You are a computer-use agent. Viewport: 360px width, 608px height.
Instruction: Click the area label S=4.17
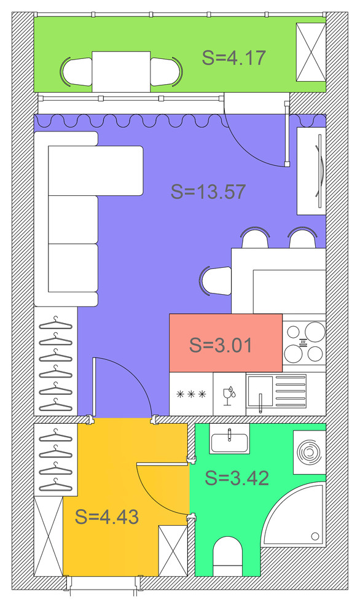point(233,57)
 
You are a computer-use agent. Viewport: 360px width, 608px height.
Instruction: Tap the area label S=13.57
point(208,192)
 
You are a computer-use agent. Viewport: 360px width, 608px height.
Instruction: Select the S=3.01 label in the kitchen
point(221,345)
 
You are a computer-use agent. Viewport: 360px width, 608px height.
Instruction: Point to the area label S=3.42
point(237,478)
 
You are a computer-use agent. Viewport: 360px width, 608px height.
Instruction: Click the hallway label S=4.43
point(107,517)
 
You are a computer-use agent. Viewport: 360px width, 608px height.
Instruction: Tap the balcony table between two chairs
point(121,72)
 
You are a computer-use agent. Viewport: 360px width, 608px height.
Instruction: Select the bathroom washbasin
point(230,439)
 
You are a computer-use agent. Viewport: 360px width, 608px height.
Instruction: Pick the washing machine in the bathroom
point(309,452)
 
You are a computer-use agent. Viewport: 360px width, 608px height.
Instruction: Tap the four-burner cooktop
point(304,343)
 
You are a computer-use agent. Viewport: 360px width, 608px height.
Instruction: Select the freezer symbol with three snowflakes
point(191,394)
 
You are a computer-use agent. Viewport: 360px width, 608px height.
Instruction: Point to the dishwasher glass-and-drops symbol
point(229,394)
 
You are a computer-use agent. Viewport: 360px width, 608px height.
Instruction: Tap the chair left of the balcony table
point(76,72)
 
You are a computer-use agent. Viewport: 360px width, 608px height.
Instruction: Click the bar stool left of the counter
point(216,280)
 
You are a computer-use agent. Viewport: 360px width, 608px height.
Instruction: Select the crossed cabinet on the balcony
point(311,52)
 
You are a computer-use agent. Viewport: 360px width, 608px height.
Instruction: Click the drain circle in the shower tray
point(315,536)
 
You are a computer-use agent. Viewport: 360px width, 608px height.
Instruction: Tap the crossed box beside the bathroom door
point(173,551)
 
